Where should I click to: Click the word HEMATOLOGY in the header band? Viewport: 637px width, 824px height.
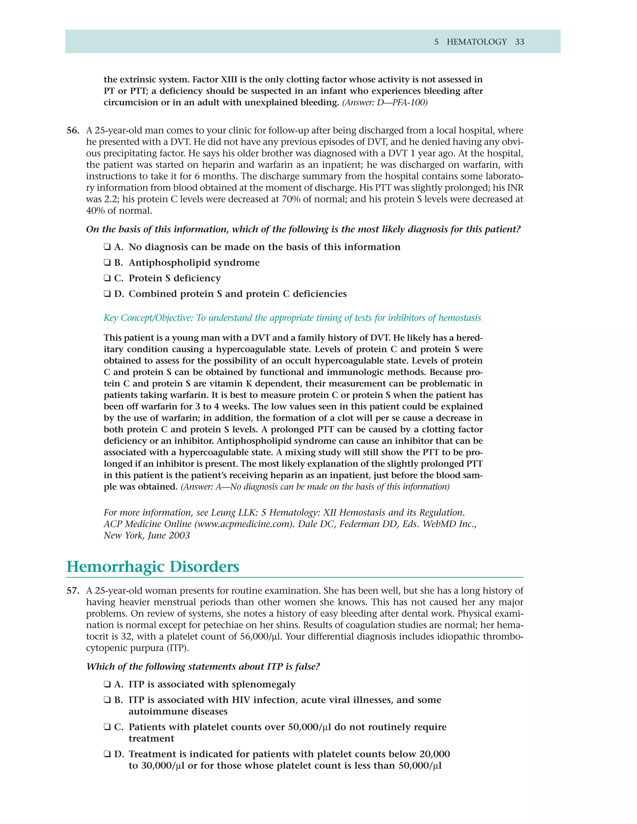point(477,42)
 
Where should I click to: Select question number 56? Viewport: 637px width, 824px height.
point(73,131)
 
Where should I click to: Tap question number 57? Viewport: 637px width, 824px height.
point(73,591)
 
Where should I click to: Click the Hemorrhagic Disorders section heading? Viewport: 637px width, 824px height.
point(153,567)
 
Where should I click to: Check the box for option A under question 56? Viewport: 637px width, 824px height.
point(107,247)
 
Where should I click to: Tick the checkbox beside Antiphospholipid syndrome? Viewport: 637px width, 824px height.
point(107,263)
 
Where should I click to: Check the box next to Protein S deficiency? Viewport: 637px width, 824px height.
point(107,278)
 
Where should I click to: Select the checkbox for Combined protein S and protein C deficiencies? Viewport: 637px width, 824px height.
point(107,294)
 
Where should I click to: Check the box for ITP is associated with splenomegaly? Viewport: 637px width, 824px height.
point(107,684)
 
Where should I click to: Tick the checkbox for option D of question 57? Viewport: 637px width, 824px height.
point(107,754)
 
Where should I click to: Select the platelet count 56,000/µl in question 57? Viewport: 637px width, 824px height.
point(261,637)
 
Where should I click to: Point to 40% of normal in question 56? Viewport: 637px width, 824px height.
point(119,211)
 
